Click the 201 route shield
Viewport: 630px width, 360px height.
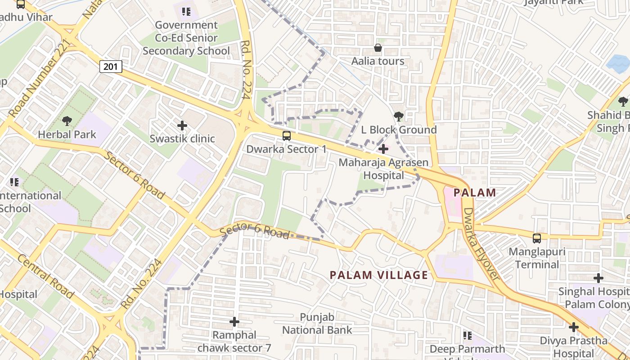tap(110, 67)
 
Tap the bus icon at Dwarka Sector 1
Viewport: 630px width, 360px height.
tap(286, 135)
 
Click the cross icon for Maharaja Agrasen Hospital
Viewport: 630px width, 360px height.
tap(383, 148)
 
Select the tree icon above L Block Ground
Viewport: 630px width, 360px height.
tap(398, 117)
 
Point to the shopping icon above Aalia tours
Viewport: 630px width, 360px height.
tap(378, 48)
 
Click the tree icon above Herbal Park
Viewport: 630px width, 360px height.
tap(67, 121)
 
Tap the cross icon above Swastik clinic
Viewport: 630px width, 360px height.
tap(182, 125)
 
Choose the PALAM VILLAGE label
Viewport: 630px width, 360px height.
tap(379, 275)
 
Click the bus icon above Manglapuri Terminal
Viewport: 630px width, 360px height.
tap(537, 238)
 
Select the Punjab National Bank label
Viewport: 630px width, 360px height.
tap(317, 324)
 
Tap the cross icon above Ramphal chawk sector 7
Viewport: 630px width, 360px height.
tap(234, 322)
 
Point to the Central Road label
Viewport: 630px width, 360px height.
tap(45, 276)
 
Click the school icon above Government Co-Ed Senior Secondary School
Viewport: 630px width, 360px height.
tap(186, 12)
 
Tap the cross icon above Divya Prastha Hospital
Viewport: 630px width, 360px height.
tap(574, 327)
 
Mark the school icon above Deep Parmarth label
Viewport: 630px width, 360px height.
tap(468, 336)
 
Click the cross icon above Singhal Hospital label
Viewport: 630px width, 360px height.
tap(598, 278)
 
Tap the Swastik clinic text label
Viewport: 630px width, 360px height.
tap(182, 139)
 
